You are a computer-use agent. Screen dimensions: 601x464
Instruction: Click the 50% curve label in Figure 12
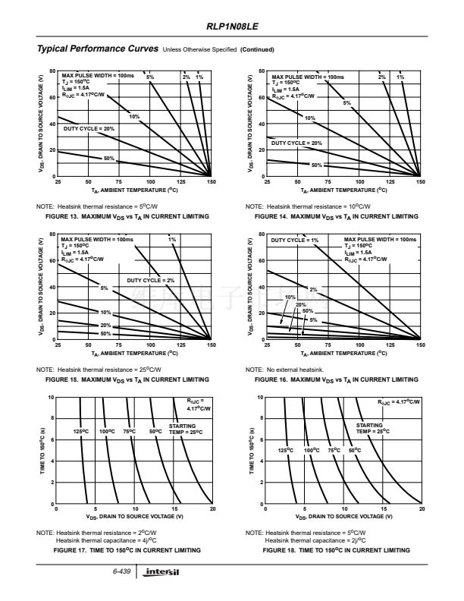tap(108, 159)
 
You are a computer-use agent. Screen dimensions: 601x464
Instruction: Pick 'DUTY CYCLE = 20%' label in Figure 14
tap(296, 143)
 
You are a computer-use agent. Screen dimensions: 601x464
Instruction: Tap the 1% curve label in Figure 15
tap(172, 240)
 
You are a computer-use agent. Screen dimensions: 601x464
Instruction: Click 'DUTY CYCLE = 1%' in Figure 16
tap(295, 240)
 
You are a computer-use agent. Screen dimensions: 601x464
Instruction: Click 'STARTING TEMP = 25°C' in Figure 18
tap(373, 429)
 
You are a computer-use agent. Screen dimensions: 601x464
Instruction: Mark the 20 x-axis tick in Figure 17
tap(212, 510)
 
